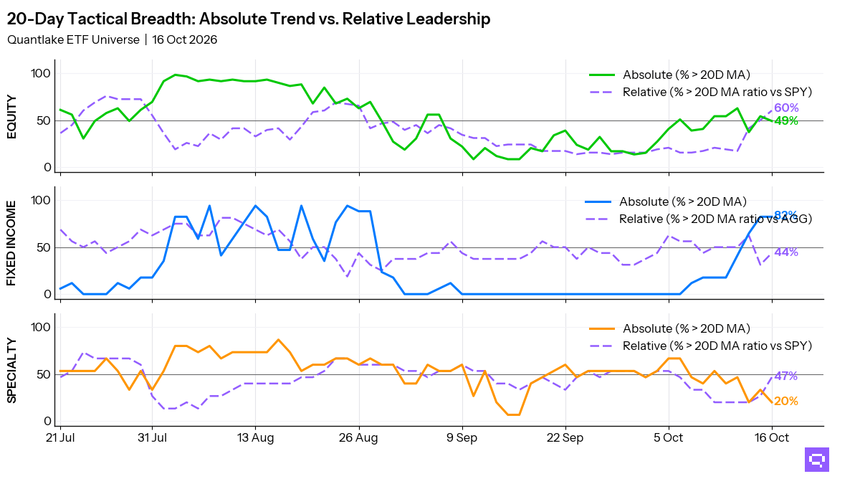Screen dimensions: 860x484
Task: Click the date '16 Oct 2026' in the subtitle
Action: (185, 39)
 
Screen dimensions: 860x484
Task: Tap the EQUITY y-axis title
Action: (12, 117)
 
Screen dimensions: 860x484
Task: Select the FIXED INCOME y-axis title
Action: (12, 244)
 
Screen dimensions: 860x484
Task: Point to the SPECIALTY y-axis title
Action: (12, 371)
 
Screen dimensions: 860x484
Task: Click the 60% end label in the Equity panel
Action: (786, 108)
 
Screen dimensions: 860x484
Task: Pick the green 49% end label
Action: (786, 121)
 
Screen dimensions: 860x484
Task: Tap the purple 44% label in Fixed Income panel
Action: (786, 252)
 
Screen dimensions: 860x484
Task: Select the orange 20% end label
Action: (786, 401)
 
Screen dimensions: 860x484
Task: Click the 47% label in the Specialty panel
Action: (786, 376)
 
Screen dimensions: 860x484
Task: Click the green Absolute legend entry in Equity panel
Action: (669, 75)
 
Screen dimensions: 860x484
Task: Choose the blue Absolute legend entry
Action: (666, 201)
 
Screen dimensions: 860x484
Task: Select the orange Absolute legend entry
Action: (669, 328)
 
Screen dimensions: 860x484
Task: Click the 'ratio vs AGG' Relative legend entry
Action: (698, 219)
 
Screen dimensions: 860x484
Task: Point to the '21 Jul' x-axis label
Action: (60, 437)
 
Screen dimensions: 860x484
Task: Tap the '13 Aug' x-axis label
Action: (255, 437)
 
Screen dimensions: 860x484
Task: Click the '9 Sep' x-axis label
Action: (462, 437)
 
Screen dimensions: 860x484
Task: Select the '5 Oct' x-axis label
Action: (669, 437)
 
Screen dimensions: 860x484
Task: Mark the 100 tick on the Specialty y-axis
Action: (41, 327)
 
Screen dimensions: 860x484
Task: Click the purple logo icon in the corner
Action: (817, 460)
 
